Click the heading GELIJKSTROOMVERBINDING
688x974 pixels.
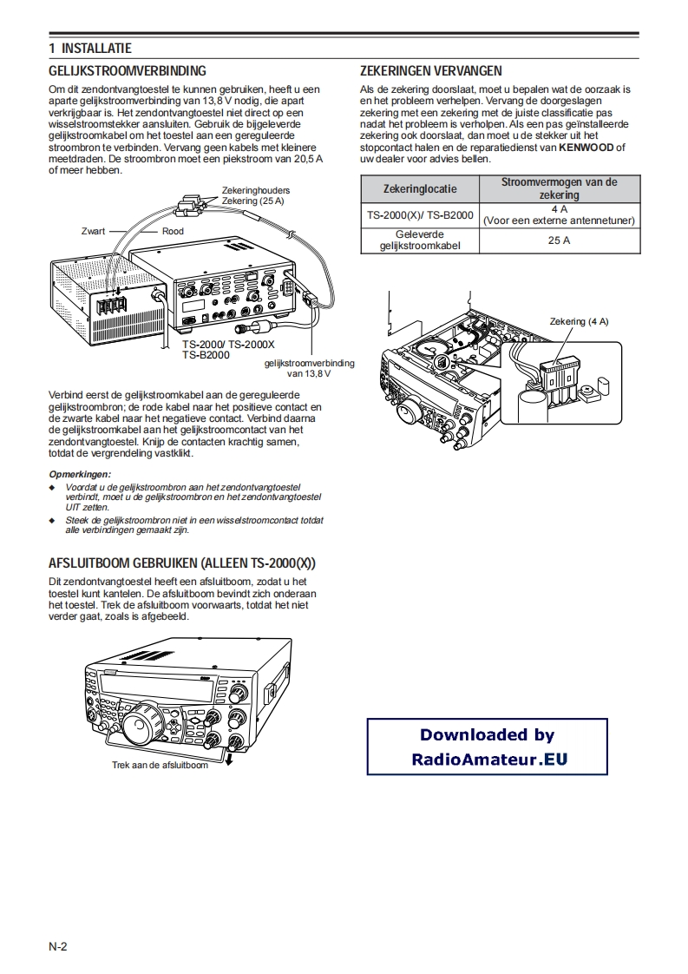tap(127, 71)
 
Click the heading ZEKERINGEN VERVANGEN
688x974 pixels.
tap(430, 71)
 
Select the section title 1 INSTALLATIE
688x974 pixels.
tap(90, 49)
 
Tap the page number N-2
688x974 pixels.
tap(57, 945)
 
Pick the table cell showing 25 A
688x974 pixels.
tap(559, 240)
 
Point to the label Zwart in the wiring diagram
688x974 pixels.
tap(93, 232)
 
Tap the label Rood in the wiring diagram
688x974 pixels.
tap(173, 232)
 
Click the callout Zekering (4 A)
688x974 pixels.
tap(579, 322)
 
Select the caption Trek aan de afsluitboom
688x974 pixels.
tap(160, 765)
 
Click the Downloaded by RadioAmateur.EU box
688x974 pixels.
tap(487, 747)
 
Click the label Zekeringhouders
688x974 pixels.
tap(255, 190)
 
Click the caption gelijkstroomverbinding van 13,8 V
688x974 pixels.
tap(309, 367)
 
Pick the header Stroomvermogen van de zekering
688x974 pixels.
tap(559, 189)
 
